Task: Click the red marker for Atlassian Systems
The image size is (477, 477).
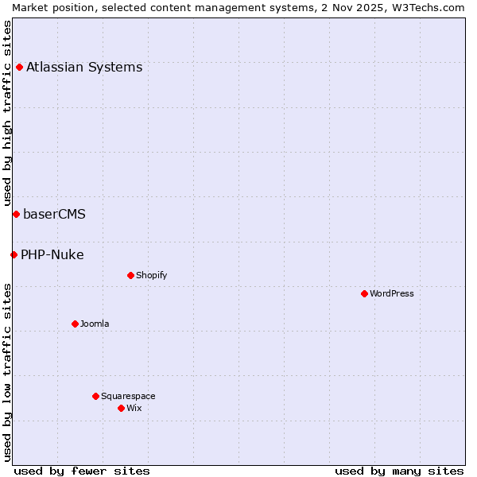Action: click(x=19, y=67)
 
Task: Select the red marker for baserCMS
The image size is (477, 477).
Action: click(x=16, y=214)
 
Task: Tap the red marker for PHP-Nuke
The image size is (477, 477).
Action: click(x=14, y=254)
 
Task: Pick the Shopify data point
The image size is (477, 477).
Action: click(x=130, y=275)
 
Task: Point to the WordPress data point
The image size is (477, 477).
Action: click(x=364, y=293)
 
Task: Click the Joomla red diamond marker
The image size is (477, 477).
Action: click(x=75, y=324)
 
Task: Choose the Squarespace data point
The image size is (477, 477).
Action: click(x=95, y=396)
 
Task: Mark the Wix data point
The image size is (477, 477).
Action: click(x=121, y=408)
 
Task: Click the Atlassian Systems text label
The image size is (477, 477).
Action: click(x=84, y=67)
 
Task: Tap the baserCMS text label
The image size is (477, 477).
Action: click(x=54, y=214)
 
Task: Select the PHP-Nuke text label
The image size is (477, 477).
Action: click(x=52, y=254)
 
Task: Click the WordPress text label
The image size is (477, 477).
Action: click(x=392, y=293)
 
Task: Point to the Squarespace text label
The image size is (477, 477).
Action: click(x=128, y=396)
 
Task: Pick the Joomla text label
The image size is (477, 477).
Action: click(x=95, y=324)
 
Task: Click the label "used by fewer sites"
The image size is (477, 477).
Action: click(x=82, y=471)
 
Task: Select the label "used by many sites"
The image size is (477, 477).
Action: click(x=399, y=471)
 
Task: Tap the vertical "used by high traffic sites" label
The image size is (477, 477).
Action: click(x=7, y=114)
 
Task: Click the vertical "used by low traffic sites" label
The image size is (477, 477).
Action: click(x=7, y=371)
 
